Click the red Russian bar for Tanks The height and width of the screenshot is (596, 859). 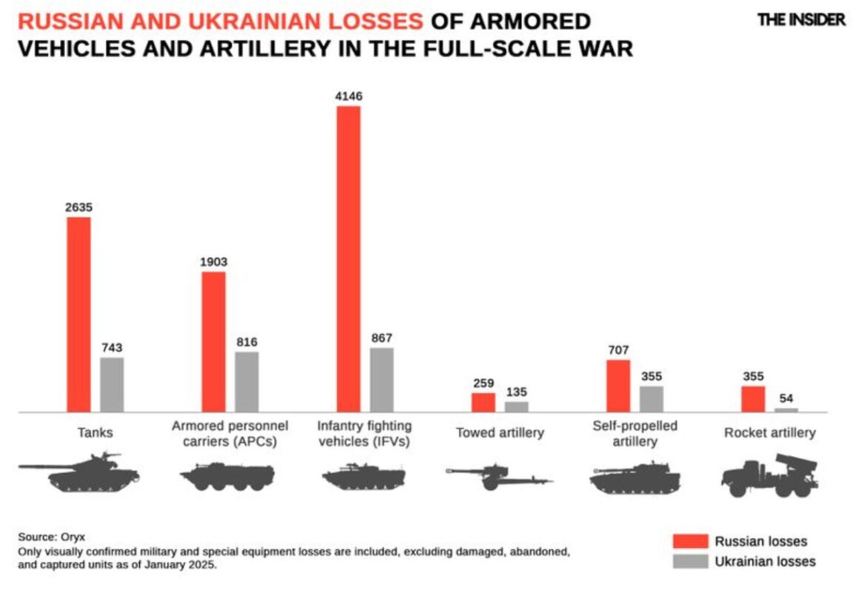click(78, 314)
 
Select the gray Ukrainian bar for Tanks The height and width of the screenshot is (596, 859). click(112, 384)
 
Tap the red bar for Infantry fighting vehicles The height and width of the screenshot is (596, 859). click(348, 258)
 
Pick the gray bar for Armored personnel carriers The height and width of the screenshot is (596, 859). click(247, 381)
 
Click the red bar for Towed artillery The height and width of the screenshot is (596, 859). click(484, 402)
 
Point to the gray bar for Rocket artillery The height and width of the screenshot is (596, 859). click(786, 409)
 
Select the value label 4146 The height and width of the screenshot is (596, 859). click(348, 96)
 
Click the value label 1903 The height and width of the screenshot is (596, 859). click(213, 262)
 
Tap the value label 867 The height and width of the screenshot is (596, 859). click(382, 338)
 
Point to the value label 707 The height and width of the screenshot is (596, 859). click(618, 349)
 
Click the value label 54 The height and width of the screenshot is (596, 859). click(786, 398)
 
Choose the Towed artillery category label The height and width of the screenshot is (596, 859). click(500, 432)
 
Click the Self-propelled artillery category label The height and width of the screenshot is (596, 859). click(635, 434)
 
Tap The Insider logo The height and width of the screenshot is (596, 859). click(801, 20)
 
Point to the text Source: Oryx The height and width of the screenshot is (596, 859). click(47, 537)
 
